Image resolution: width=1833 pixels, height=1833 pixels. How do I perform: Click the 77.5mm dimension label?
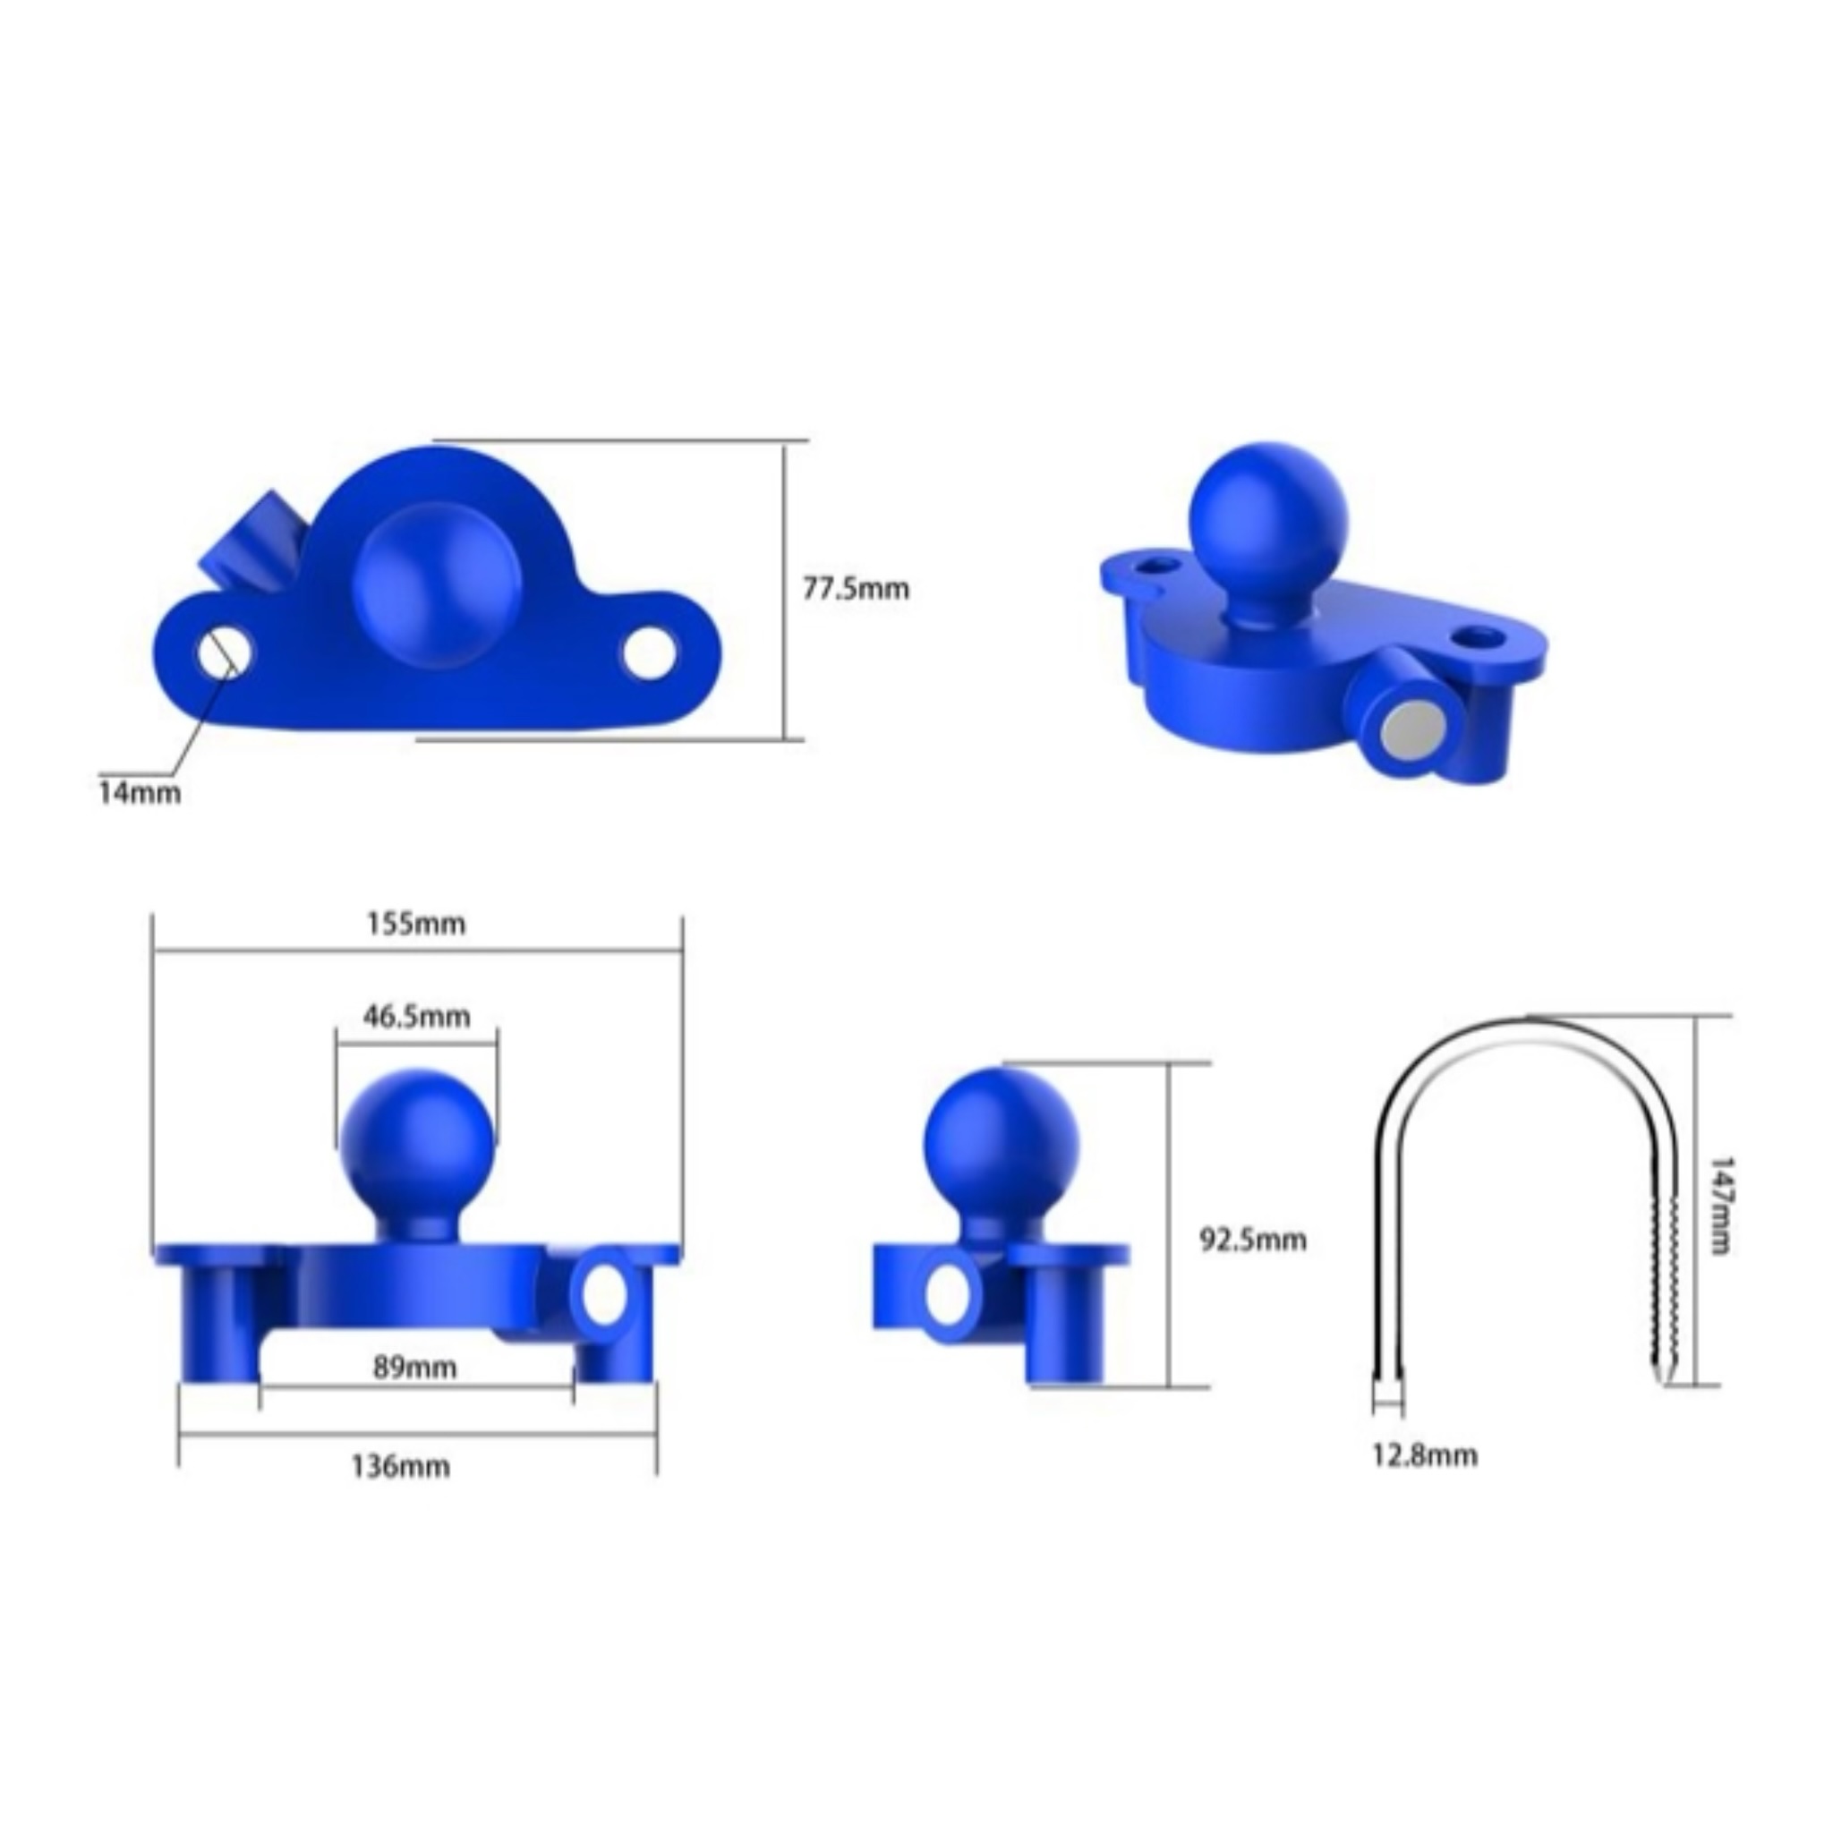856,589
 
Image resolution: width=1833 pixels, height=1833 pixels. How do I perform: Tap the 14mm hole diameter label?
140,791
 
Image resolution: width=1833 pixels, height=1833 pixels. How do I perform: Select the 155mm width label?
416,923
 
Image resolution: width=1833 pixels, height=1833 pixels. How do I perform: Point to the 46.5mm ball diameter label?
416,1016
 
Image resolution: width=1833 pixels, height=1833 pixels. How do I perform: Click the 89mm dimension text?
414,1368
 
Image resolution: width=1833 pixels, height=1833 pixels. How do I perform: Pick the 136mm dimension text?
400,1467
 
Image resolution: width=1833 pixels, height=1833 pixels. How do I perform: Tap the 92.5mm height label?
1253,1240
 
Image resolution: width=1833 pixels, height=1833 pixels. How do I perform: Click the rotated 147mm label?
1718,1206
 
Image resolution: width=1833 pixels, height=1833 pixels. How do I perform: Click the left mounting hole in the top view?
226,652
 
